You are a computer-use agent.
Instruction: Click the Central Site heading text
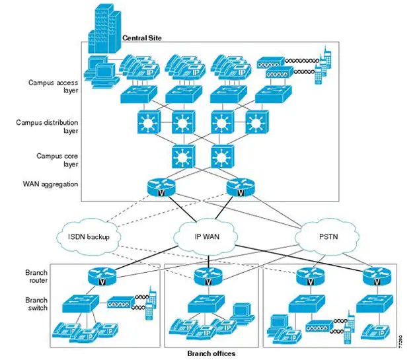tap(143, 38)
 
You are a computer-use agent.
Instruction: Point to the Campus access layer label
tap(54, 87)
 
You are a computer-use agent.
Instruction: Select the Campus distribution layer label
tap(52, 126)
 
